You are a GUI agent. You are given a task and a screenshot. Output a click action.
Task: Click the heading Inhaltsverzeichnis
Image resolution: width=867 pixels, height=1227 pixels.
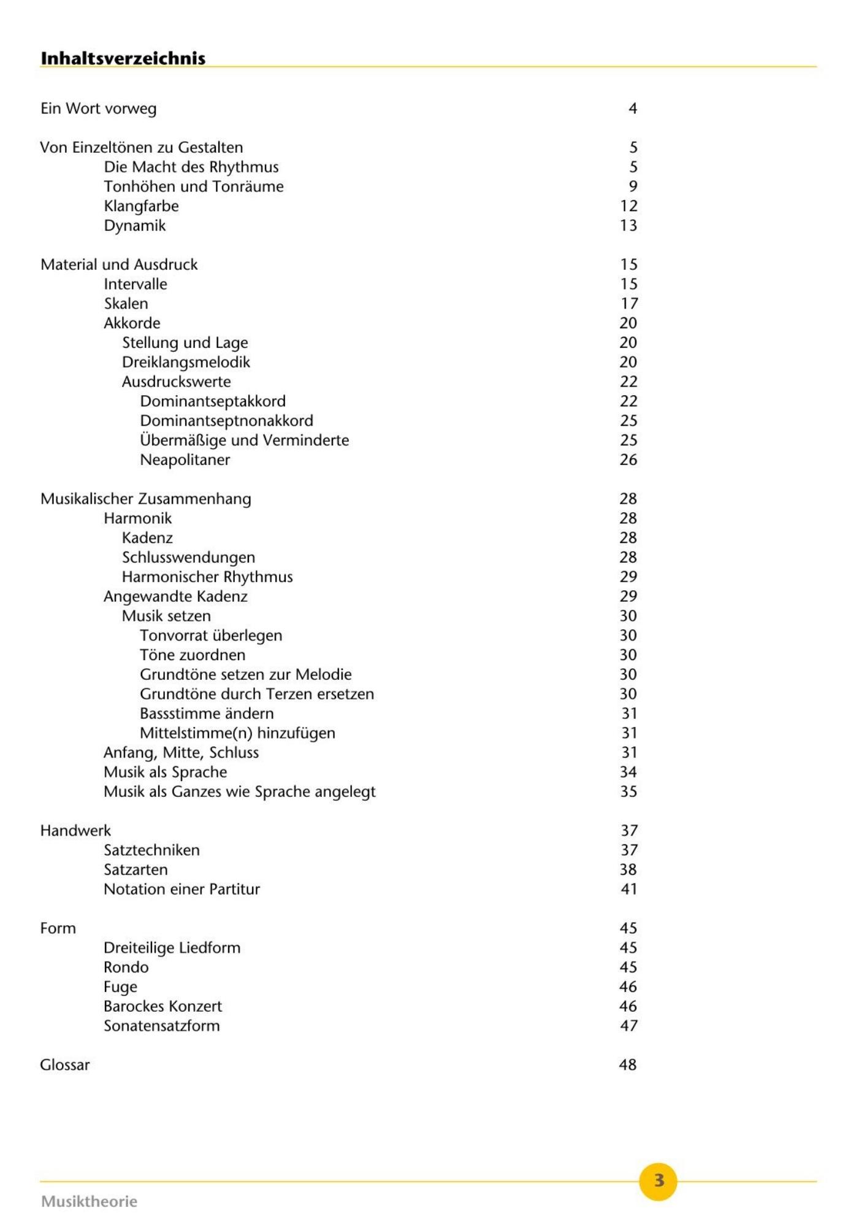[123, 58]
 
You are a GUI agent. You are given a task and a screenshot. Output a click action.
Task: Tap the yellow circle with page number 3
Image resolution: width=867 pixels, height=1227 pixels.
[658, 1180]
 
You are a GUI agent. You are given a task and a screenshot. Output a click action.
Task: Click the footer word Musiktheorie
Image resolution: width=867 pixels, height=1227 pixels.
[90, 1201]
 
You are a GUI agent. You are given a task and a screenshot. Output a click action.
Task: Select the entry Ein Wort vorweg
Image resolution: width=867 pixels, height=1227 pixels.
[99, 109]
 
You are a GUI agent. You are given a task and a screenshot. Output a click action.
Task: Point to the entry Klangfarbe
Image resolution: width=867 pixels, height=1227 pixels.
[141, 206]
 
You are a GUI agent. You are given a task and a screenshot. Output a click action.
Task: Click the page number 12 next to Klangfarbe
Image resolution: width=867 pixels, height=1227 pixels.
[628, 206]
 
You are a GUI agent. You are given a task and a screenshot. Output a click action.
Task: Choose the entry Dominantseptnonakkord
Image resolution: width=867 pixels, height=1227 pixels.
[226, 421]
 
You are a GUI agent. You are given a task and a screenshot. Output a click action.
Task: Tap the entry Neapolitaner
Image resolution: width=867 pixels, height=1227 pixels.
[185, 460]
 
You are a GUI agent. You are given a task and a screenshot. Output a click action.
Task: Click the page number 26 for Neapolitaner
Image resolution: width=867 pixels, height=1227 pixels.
[628, 460]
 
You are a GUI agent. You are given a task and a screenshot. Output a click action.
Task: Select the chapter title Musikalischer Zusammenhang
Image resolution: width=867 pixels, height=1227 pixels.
[146, 499]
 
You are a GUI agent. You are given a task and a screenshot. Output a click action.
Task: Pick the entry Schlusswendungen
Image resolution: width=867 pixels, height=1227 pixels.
[188, 558]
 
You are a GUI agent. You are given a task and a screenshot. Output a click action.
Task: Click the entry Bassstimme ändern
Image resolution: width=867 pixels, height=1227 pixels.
[207, 714]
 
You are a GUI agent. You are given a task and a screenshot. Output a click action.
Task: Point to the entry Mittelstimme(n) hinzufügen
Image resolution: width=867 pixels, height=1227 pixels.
[237, 733]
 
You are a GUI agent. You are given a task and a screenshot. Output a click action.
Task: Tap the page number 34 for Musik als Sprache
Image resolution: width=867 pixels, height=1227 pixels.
[628, 772]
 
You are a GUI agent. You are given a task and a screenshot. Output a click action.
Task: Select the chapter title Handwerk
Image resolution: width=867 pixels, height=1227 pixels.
[75, 831]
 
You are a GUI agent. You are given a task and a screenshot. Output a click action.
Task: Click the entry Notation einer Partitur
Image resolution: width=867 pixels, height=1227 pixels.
[181, 890]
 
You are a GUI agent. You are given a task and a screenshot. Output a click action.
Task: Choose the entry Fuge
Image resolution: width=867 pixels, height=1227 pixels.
[120, 987]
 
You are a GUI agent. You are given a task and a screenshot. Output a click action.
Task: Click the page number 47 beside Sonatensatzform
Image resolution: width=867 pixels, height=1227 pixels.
[628, 1026]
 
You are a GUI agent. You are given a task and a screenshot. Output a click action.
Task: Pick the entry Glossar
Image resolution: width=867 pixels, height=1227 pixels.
[65, 1065]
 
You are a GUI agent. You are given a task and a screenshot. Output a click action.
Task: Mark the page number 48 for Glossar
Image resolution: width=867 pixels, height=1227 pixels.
[628, 1065]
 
